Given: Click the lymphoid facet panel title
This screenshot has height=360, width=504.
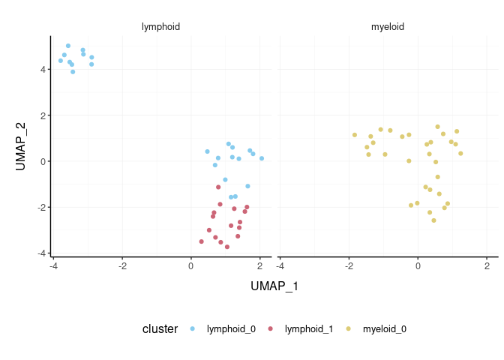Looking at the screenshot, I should point(160,27).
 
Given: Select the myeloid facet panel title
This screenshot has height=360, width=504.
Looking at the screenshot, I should point(388,27).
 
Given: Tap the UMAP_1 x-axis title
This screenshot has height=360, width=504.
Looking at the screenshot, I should point(274,286).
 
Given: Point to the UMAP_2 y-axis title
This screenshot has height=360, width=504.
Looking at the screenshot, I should point(21,146).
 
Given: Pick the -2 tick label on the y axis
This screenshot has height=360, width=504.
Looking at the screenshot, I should point(42,207).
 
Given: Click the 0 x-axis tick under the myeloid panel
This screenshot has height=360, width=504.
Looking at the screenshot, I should point(418,265).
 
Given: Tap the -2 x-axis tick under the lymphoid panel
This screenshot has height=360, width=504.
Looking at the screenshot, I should point(121,265).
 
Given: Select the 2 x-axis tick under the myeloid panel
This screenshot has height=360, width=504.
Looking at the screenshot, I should point(487,265).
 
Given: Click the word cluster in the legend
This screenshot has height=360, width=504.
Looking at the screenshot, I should point(160,328).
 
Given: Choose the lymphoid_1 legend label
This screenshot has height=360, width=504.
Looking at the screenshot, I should point(308,328).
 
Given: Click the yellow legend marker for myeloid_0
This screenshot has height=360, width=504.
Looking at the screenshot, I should point(349,328).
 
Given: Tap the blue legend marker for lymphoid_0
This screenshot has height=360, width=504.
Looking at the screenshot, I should point(193,328).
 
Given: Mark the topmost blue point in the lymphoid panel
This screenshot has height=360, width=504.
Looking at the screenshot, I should point(68,46).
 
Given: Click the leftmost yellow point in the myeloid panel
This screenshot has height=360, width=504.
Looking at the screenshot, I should point(355,135).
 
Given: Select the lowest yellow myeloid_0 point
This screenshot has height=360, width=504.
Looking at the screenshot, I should point(433,220).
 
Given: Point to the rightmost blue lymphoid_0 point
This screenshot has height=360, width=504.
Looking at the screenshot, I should point(262,158).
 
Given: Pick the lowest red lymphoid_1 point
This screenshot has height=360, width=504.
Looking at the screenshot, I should point(226,247).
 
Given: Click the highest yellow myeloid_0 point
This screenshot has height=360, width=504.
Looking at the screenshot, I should point(437,127).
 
